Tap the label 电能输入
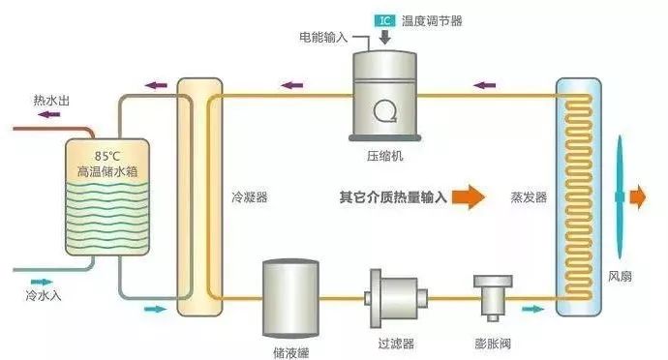coord(321,37)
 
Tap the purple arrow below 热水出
coord(45,114)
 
